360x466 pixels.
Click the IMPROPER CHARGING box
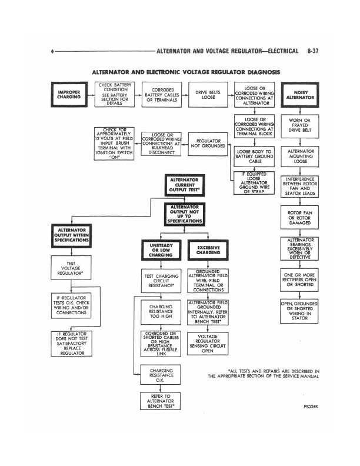[69, 95]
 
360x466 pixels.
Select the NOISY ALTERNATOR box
[300, 95]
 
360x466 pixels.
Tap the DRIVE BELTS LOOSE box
[208, 95]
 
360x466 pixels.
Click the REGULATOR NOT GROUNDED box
[208, 144]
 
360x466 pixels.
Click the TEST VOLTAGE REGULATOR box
[71, 269]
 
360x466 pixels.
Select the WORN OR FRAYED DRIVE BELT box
[300, 126]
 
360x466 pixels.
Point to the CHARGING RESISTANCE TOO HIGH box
[161, 311]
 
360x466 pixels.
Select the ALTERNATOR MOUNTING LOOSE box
[300, 156]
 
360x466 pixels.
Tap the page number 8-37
[313, 51]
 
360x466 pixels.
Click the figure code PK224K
[311, 406]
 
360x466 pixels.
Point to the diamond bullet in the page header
[53, 52]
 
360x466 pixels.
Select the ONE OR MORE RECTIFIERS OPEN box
[300, 279]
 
